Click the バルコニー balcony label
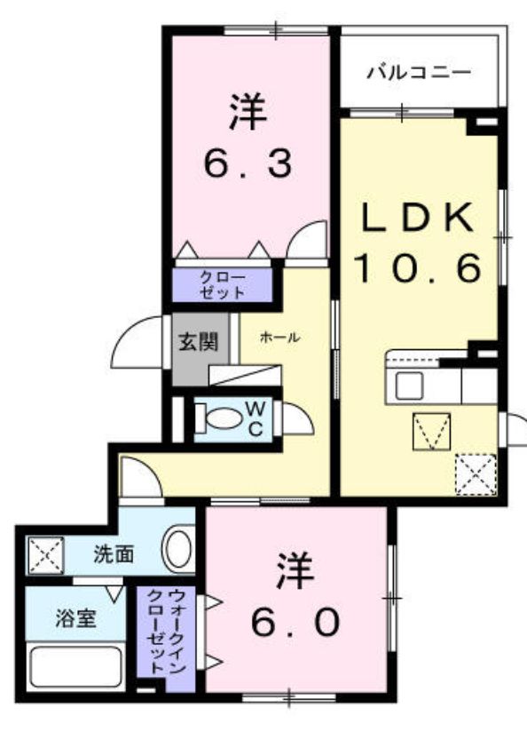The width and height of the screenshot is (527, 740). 419,72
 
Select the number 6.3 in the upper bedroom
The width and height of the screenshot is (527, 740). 248,163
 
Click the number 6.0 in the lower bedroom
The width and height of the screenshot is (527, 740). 295,623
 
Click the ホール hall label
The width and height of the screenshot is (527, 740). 280,338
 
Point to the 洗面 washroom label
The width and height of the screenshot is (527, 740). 114,554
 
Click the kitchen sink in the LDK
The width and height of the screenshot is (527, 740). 410,386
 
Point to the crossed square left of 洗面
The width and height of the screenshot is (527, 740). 43,555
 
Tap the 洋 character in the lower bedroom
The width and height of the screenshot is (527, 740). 295,572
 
